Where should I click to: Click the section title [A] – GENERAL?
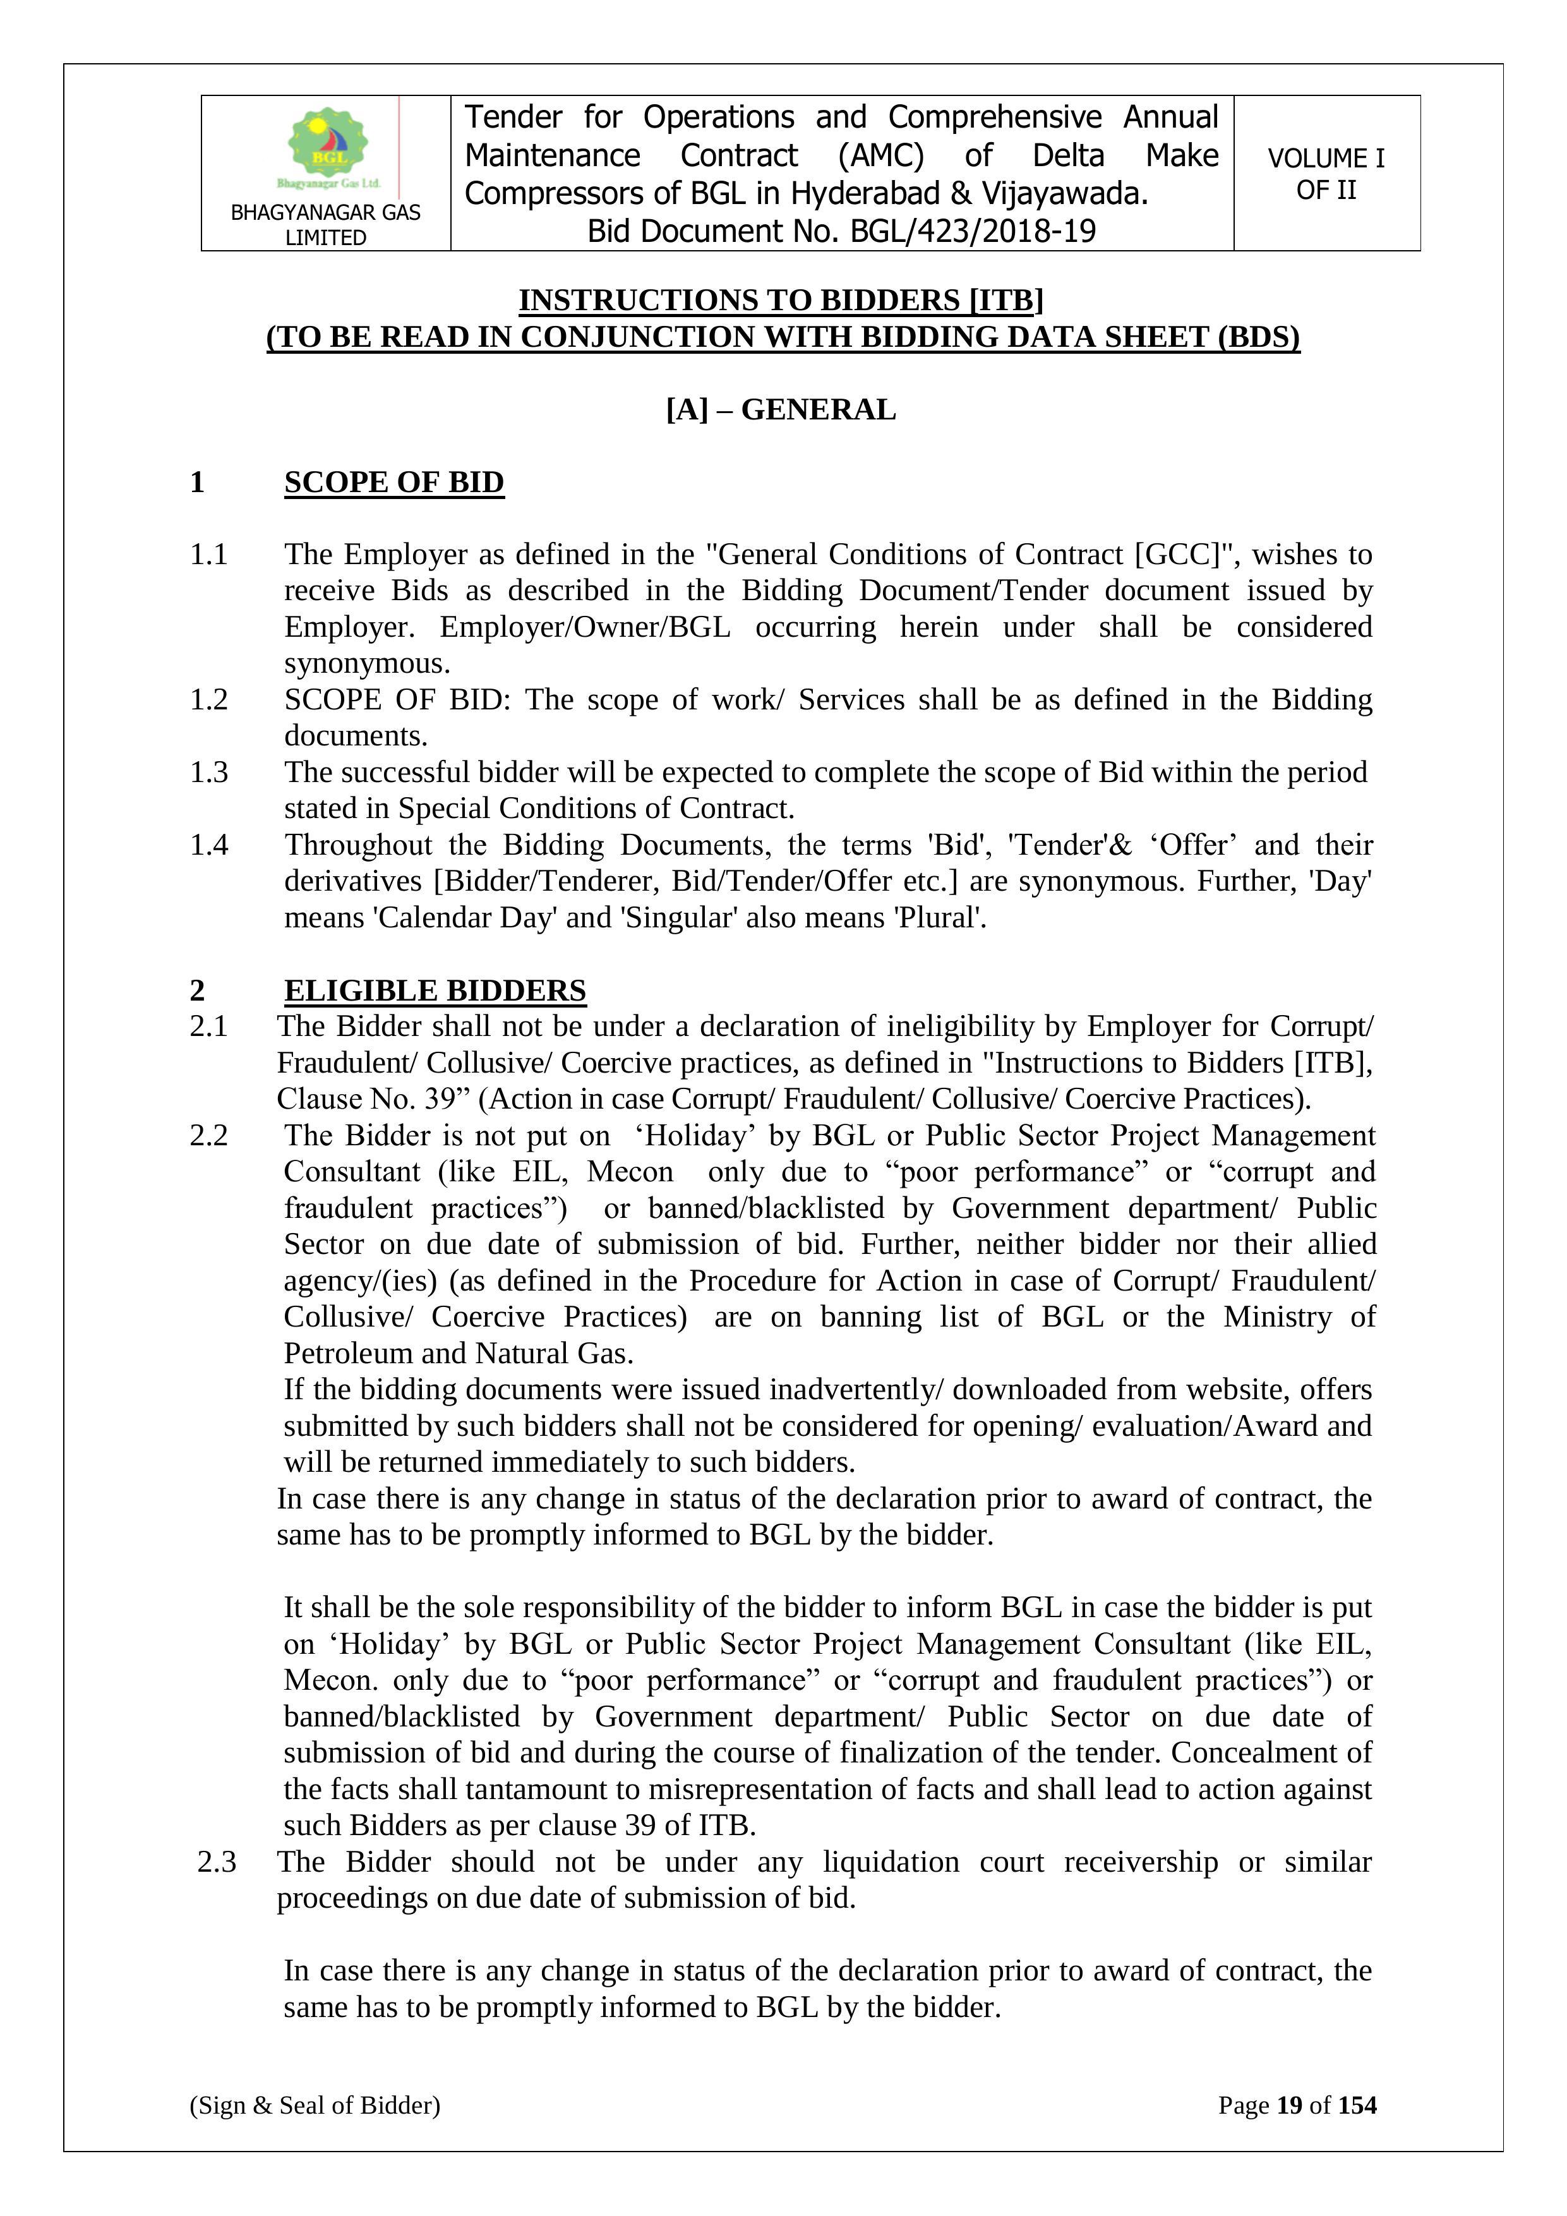pos(781,409)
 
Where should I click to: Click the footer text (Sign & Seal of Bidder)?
pos(315,2105)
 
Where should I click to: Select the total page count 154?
pos(1357,2105)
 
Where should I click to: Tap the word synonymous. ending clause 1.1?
pos(368,664)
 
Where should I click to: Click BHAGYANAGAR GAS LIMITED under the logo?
pos(325,225)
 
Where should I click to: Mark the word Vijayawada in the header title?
pos(1064,194)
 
